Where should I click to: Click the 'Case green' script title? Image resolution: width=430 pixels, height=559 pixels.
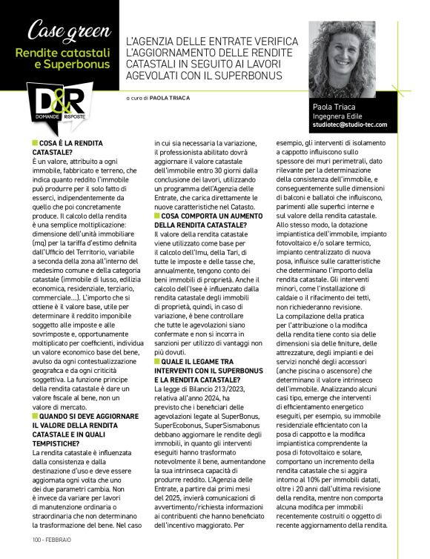(59, 30)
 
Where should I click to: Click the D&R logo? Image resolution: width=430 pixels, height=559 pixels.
(56, 103)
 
